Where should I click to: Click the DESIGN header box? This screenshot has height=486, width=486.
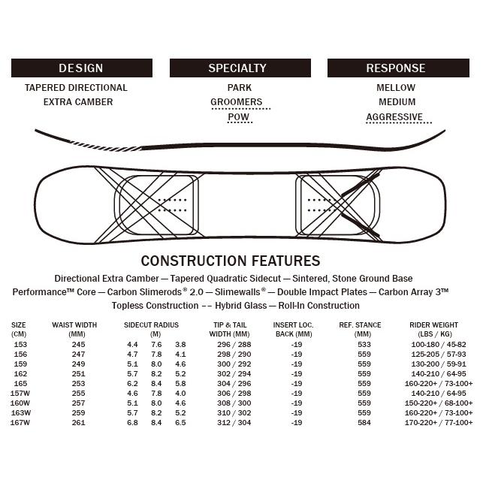[x=81, y=68]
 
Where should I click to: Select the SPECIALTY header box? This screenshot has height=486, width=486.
[x=237, y=68]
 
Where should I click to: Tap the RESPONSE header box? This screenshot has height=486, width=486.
[x=396, y=68]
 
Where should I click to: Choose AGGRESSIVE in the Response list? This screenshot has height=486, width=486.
[x=394, y=117]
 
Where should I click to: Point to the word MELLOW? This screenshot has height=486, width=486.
[x=396, y=88]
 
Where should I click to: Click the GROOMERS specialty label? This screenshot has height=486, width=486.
[x=237, y=102]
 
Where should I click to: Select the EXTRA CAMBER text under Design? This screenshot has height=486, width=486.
[x=78, y=102]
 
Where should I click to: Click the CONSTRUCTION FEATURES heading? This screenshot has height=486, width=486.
[x=231, y=261]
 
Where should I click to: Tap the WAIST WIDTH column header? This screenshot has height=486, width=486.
[x=74, y=329]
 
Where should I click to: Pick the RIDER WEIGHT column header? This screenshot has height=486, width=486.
[x=434, y=329]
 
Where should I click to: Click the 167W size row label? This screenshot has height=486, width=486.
[x=20, y=423]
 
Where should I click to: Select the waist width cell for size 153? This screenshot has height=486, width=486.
[x=79, y=344]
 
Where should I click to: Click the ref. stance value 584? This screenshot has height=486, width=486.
[x=364, y=423]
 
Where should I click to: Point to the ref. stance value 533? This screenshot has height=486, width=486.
[x=364, y=344]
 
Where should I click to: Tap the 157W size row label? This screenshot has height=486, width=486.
[x=20, y=394]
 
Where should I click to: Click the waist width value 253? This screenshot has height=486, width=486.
[x=79, y=384]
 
